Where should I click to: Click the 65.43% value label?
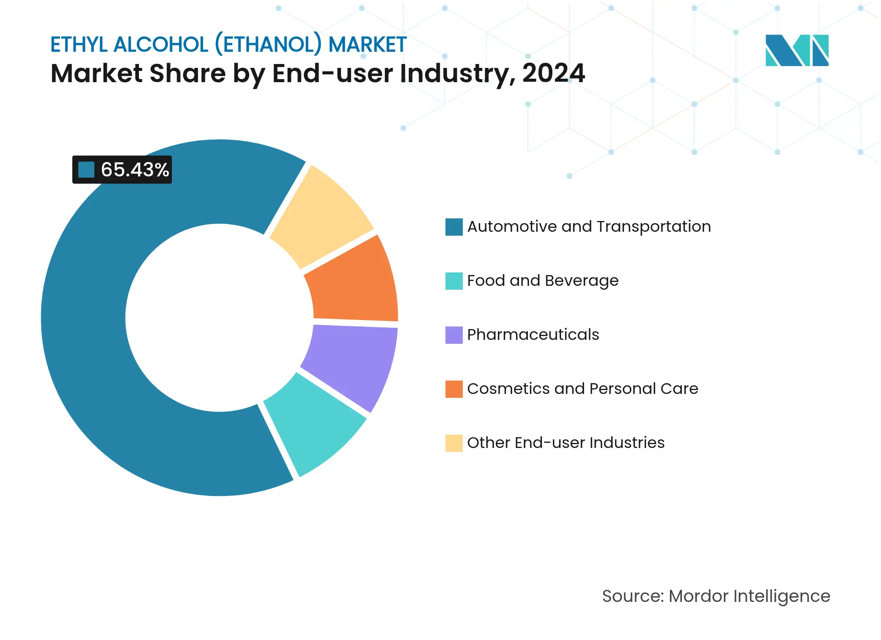[x=135, y=170]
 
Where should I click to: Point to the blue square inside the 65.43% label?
[x=86, y=170]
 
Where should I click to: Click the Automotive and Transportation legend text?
[x=589, y=227]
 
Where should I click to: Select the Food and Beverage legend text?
[x=542, y=281]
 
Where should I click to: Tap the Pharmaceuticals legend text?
[x=533, y=335]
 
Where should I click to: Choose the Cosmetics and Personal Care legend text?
[x=582, y=389]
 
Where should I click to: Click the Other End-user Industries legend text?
[x=565, y=443]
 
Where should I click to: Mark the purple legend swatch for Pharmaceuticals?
[x=454, y=335]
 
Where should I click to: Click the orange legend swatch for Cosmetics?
[x=454, y=389]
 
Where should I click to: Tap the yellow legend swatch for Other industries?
[x=454, y=443]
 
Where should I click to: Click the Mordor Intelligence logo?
[x=797, y=50]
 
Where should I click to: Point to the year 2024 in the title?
[x=553, y=73]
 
